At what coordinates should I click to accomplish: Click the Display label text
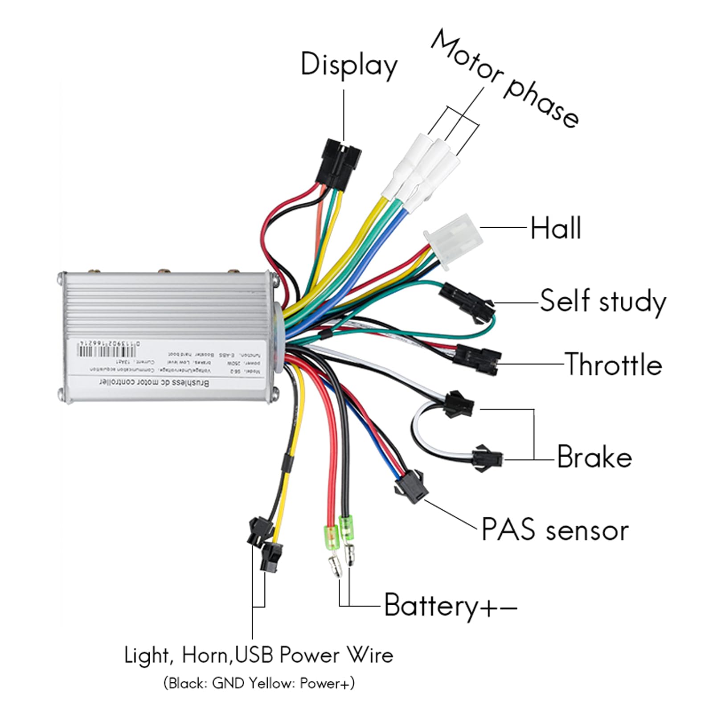coord(348,65)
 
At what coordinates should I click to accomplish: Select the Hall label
coord(555,228)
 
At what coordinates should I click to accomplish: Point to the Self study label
coord(602,302)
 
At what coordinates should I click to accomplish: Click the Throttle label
coord(613,365)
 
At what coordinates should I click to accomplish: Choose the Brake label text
coord(594,457)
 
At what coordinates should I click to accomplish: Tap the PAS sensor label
coord(555,530)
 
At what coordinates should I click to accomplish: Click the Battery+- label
coord(450,606)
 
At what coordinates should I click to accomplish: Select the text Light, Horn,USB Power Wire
coord(258,656)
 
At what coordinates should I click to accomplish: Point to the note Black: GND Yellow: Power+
coord(258,683)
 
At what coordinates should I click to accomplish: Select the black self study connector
coord(466,299)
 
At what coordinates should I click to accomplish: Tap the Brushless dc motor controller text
coord(154,383)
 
